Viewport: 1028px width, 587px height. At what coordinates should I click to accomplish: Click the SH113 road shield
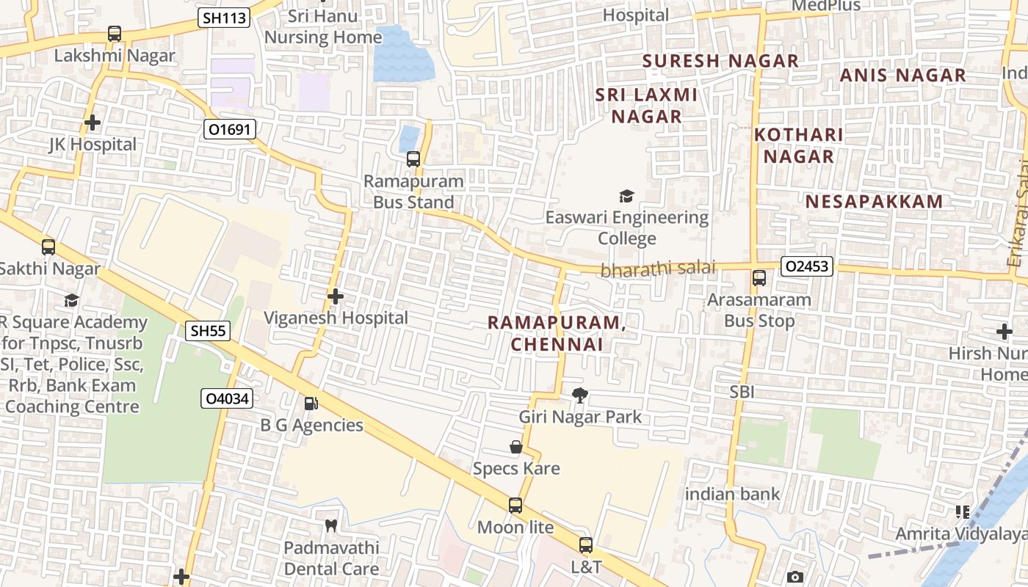tap(224, 18)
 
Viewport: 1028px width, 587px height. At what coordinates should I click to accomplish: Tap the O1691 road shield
tap(229, 130)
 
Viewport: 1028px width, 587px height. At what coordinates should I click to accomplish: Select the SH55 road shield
tap(208, 331)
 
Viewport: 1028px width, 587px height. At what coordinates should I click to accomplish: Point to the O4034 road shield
tap(227, 399)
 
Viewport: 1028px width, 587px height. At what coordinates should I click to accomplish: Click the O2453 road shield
tap(806, 266)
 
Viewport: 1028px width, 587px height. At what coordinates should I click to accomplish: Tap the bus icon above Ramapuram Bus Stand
tap(413, 158)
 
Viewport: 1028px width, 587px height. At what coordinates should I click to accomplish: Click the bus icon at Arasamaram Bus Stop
tap(759, 278)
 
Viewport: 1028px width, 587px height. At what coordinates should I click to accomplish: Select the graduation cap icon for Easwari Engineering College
tap(626, 196)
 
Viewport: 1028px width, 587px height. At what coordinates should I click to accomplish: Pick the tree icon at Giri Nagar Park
tap(580, 395)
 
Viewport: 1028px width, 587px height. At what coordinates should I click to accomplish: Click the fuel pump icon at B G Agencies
tap(311, 403)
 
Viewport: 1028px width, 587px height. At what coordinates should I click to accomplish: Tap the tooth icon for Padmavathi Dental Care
tap(331, 525)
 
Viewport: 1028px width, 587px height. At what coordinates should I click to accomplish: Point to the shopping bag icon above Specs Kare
tap(516, 447)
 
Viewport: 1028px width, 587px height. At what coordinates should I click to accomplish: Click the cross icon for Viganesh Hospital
tap(336, 296)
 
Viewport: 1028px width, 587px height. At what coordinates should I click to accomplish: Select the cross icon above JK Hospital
tap(92, 123)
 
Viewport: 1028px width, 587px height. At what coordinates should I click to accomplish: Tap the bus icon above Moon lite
tap(515, 506)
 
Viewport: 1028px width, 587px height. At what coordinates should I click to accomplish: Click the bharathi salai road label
tap(657, 269)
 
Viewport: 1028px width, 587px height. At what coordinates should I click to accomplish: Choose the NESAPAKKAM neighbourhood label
tap(874, 202)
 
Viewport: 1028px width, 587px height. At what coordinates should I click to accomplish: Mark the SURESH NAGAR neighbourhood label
tap(720, 61)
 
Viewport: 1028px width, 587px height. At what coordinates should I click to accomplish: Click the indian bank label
tap(732, 494)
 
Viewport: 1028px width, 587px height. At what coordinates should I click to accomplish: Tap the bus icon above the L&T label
tap(586, 545)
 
